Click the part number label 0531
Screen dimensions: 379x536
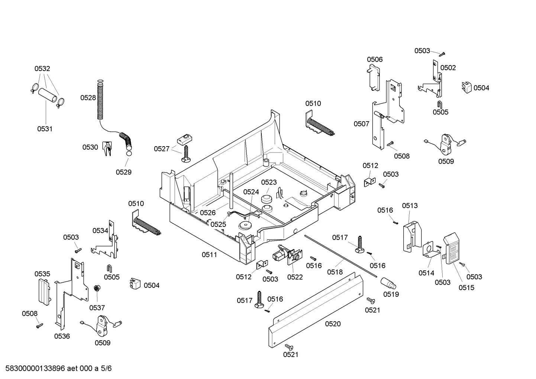(x=45, y=129)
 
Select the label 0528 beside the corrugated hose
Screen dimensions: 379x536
(x=88, y=98)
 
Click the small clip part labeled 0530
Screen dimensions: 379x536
(x=107, y=148)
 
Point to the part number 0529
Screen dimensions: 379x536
(x=123, y=172)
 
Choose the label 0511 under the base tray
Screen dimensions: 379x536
(x=209, y=255)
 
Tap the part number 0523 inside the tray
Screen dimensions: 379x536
(x=269, y=182)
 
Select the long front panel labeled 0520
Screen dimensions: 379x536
(x=316, y=309)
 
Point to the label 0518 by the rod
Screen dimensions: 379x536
(x=335, y=272)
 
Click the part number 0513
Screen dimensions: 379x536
(x=410, y=206)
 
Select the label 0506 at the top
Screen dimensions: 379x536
(x=375, y=60)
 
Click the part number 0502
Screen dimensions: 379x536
(x=448, y=68)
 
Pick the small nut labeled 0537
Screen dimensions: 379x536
(x=96, y=288)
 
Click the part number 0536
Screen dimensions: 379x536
(x=62, y=336)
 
